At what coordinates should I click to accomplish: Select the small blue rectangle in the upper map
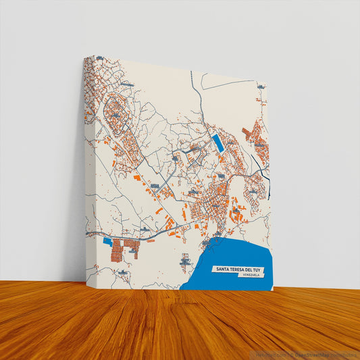tap(217, 143)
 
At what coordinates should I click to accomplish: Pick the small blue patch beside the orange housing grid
tap(107, 240)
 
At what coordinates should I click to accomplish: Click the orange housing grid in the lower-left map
tap(126, 247)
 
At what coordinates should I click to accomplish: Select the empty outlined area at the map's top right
tap(230, 101)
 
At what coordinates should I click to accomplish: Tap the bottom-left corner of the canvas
tap(86, 278)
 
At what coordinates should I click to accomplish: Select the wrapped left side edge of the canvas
tap(85, 169)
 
